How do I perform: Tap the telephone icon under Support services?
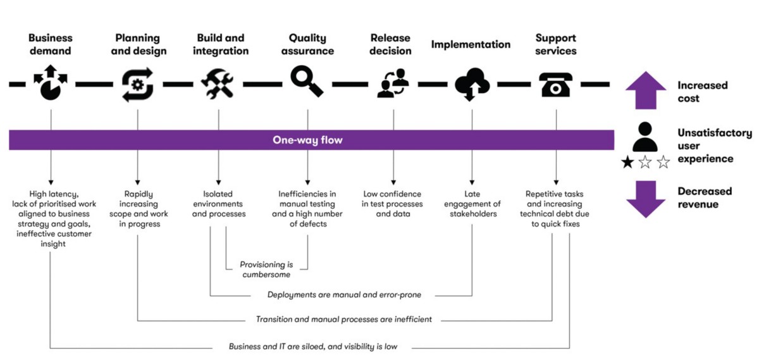tap(555, 84)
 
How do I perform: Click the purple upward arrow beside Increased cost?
tap(645, 91)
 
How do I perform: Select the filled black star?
tap(627, 163)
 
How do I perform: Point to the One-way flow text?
tap(307, 140)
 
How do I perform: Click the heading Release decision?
tap(390, 44)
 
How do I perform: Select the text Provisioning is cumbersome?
tap(265, 270)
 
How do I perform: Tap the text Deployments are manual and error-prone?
tap(344, 295)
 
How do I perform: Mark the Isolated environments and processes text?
tap(218, 204)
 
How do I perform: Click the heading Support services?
tap(555, 44)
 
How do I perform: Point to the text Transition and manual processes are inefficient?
tap(344, 320)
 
